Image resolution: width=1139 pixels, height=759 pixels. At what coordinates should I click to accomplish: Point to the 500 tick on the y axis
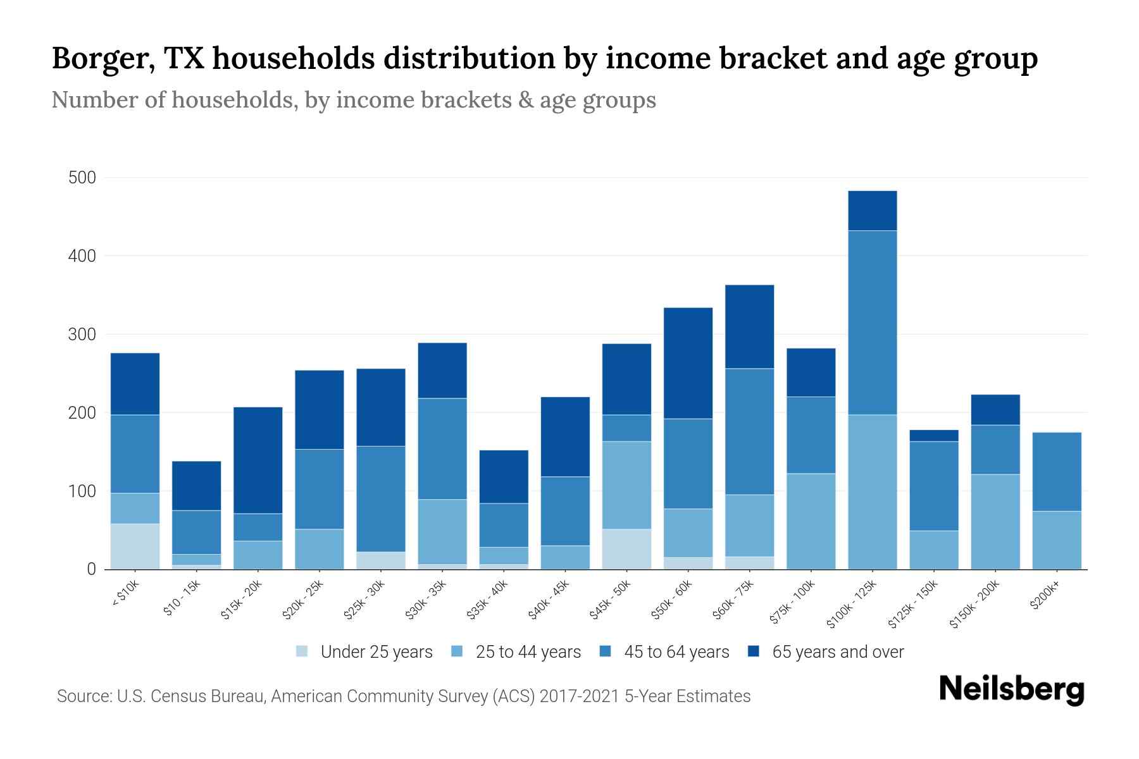click(x=82, y=178)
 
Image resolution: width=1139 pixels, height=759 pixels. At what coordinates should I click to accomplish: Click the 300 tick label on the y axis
click(x=82, y=335)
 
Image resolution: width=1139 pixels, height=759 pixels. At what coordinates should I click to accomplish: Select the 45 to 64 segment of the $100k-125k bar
click(x=872, y=323)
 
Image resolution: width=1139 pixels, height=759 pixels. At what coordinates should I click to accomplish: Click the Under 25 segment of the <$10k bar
click(x=135, y=546)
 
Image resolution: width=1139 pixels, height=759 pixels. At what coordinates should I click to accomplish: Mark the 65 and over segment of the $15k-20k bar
click(x=258, y=460)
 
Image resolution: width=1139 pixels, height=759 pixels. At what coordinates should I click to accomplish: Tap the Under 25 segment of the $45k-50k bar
click(x=626, y=549)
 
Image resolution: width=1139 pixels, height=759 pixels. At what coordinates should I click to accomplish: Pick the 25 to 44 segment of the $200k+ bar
click(x=1057, y=540)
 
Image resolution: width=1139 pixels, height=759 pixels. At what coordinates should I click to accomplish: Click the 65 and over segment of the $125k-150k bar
click(x=933, y=436)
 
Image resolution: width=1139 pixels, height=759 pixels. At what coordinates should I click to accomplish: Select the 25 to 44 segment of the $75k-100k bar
click(x=811, y=521)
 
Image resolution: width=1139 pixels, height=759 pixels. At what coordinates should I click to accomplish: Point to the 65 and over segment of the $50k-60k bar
click(x=688, y=363)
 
